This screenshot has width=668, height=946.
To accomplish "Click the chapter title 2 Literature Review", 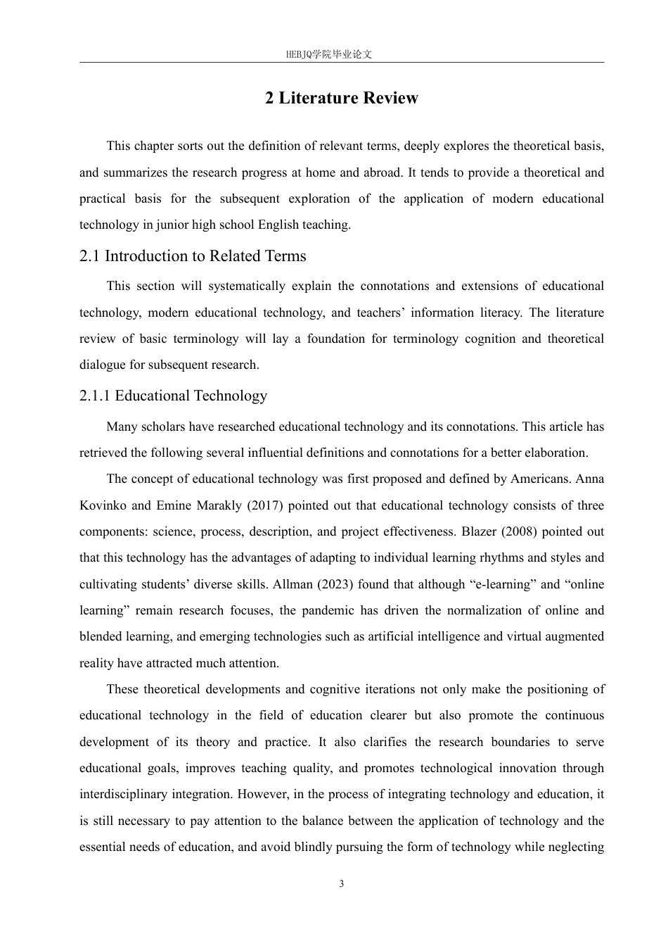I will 341,98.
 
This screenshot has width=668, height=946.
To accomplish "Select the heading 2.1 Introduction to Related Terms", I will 193,256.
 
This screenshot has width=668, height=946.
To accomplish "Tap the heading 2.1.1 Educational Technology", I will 173,396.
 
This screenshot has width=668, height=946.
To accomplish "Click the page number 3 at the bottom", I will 342,884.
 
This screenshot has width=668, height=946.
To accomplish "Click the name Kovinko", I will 102,505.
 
